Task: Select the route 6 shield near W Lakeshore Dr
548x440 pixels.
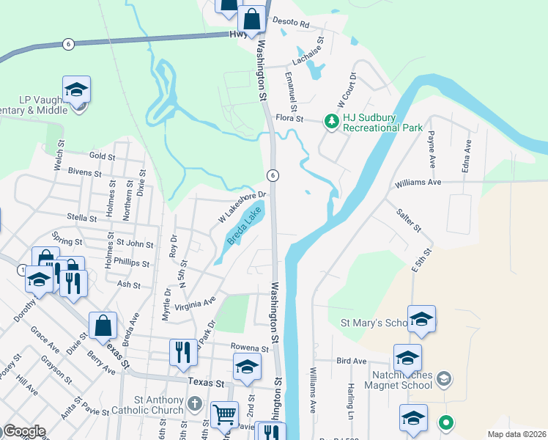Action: pos(273,175)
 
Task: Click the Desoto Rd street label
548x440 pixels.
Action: pos(291,23)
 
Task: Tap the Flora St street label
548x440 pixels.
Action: pos(289,117)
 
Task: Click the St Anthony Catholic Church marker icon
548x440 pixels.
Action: pos(194,403)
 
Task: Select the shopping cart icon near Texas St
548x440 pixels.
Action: pos(224,415)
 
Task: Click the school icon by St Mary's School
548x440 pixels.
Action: pos(421,319)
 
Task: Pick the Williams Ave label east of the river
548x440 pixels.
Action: pos(418,182)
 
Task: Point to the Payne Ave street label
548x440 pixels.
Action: pos(432,147)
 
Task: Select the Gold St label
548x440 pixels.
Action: pos(102,156)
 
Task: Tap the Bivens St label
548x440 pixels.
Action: pos(85,172)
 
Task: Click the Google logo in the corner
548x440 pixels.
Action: pos(23,431)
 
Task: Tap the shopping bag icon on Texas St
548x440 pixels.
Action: pos(103,326)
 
